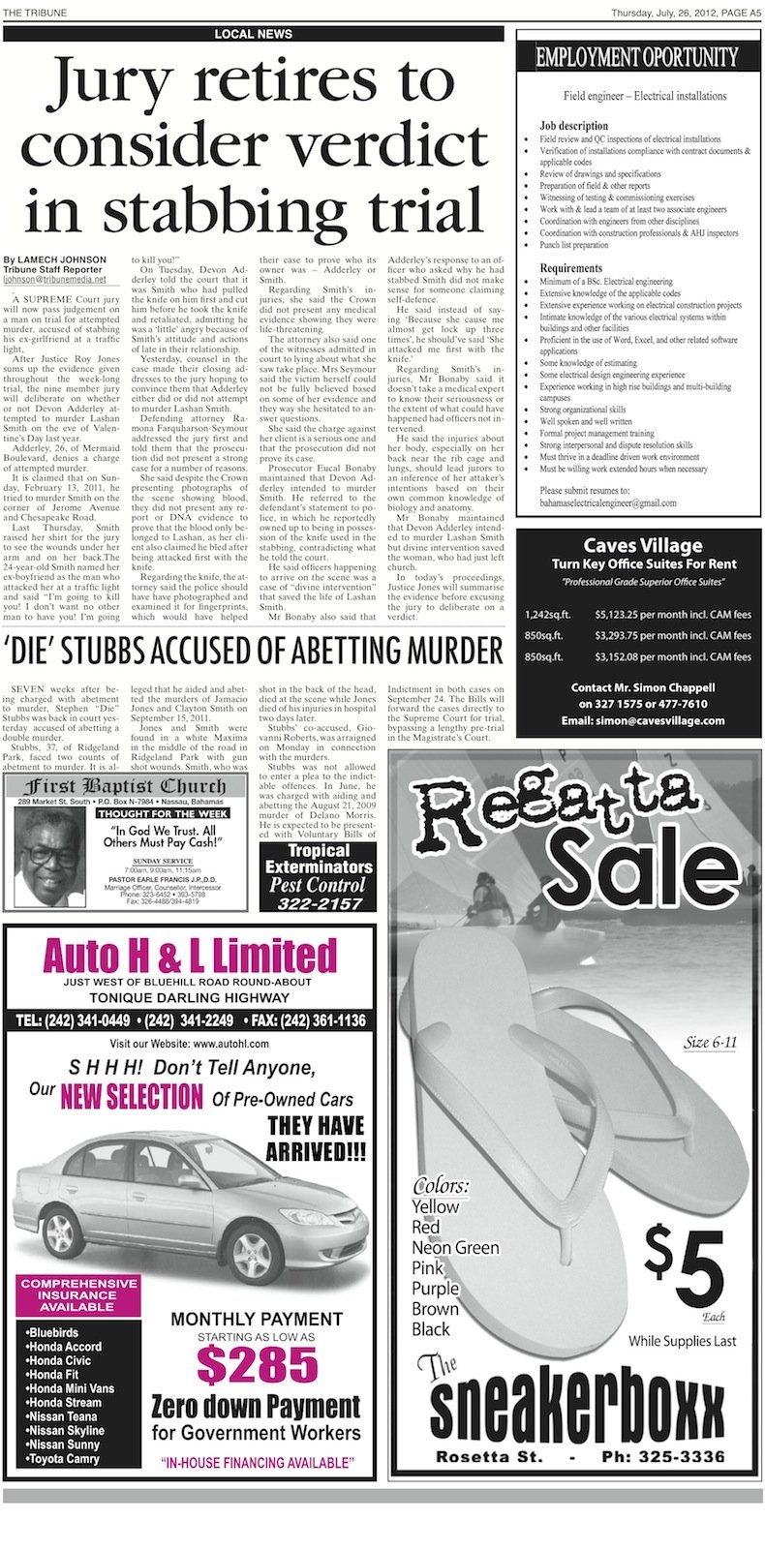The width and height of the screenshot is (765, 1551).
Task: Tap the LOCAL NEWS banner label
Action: tap(253, 34)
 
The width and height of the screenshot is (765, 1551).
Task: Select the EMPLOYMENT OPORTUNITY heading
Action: tap(636, 57)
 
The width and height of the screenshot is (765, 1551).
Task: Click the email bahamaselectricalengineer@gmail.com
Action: tap(608, 502)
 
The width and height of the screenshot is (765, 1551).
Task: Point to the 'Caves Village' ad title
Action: tap(642, 545)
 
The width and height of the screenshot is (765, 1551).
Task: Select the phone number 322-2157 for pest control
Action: tap(318, 903)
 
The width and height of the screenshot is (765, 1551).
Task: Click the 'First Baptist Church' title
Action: tap(124, 785)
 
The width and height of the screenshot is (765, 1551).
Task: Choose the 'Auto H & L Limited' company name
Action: tap(190, 957)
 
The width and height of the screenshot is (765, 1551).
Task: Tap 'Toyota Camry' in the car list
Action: tap(63, 1458)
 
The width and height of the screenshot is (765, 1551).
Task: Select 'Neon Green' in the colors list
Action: tap(455, 1247)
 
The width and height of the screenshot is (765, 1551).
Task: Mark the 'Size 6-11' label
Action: tap(710, 1043)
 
